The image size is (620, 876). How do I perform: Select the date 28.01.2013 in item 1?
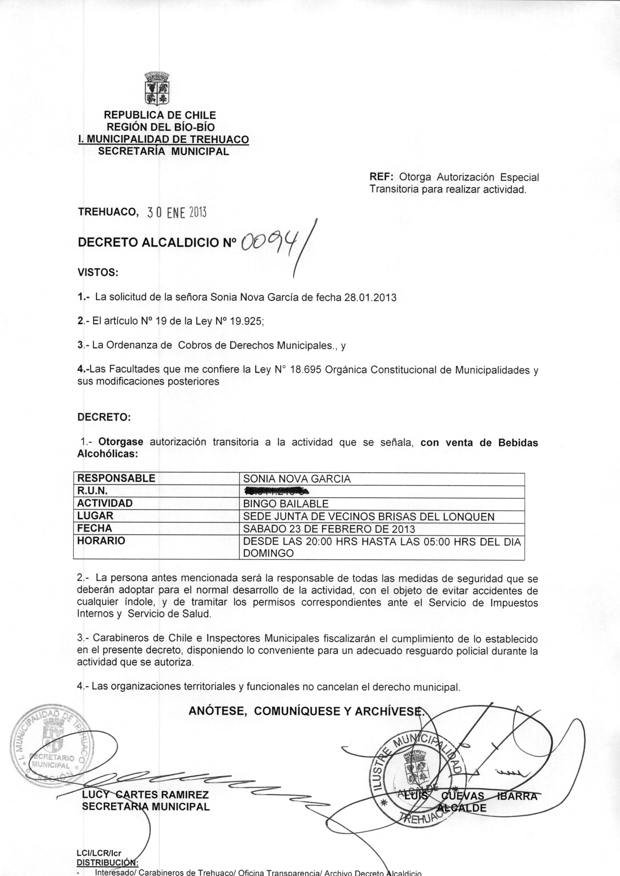coord(370,297)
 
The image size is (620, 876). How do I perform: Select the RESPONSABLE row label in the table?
coord(116,478)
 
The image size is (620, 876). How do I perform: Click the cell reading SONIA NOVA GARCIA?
coord(297,479)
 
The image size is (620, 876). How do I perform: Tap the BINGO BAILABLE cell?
coord(285,504)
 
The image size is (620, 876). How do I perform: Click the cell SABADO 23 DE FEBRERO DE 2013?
coord(329,529)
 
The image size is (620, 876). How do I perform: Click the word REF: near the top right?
coord(383,177)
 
